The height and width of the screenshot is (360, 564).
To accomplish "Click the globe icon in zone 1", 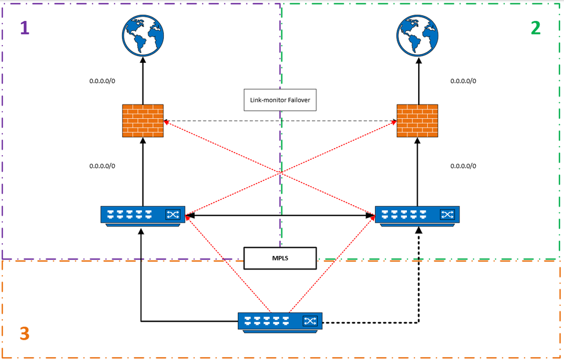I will pos(143,34).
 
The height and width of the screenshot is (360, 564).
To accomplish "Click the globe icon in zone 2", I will pos(418,34).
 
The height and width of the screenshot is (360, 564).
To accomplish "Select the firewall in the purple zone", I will pos(143,120).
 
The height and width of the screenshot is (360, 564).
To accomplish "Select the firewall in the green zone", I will pos(418,120).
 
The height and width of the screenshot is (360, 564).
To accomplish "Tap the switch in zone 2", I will pos(418,215).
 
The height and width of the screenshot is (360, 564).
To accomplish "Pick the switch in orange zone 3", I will pos(280,321).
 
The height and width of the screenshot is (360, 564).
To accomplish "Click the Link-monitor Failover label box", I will pos(280,100).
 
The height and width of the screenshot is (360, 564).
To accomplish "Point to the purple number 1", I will pos(24,28).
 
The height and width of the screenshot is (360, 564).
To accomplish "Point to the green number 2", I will pos(535,28).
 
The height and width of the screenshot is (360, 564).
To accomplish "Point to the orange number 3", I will pos(24,333).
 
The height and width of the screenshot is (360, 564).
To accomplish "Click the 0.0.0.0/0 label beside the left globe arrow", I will pos(102,81).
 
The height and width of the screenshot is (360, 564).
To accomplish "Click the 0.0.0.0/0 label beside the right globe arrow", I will pos(463,81).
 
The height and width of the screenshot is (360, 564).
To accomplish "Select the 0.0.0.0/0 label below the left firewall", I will pos(102,166).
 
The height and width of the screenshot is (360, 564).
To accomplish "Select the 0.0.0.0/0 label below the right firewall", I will pos(463,166).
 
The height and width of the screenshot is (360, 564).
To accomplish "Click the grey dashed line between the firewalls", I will pos(226,121).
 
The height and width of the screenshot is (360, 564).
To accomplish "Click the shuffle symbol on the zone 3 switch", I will pos(310,321).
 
